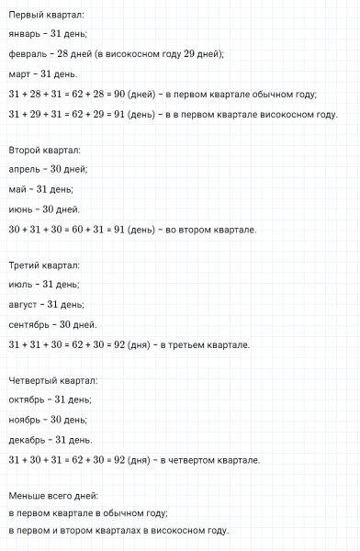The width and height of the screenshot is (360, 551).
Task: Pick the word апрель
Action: [x=24, y=170]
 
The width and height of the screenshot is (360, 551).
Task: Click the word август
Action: [x=24, y=305]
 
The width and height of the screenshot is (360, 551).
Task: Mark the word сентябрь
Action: [x=30, y=324]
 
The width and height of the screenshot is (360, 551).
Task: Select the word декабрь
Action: [x=28, y=440]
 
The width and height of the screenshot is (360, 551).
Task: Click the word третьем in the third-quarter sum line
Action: [x=203, y=344]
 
